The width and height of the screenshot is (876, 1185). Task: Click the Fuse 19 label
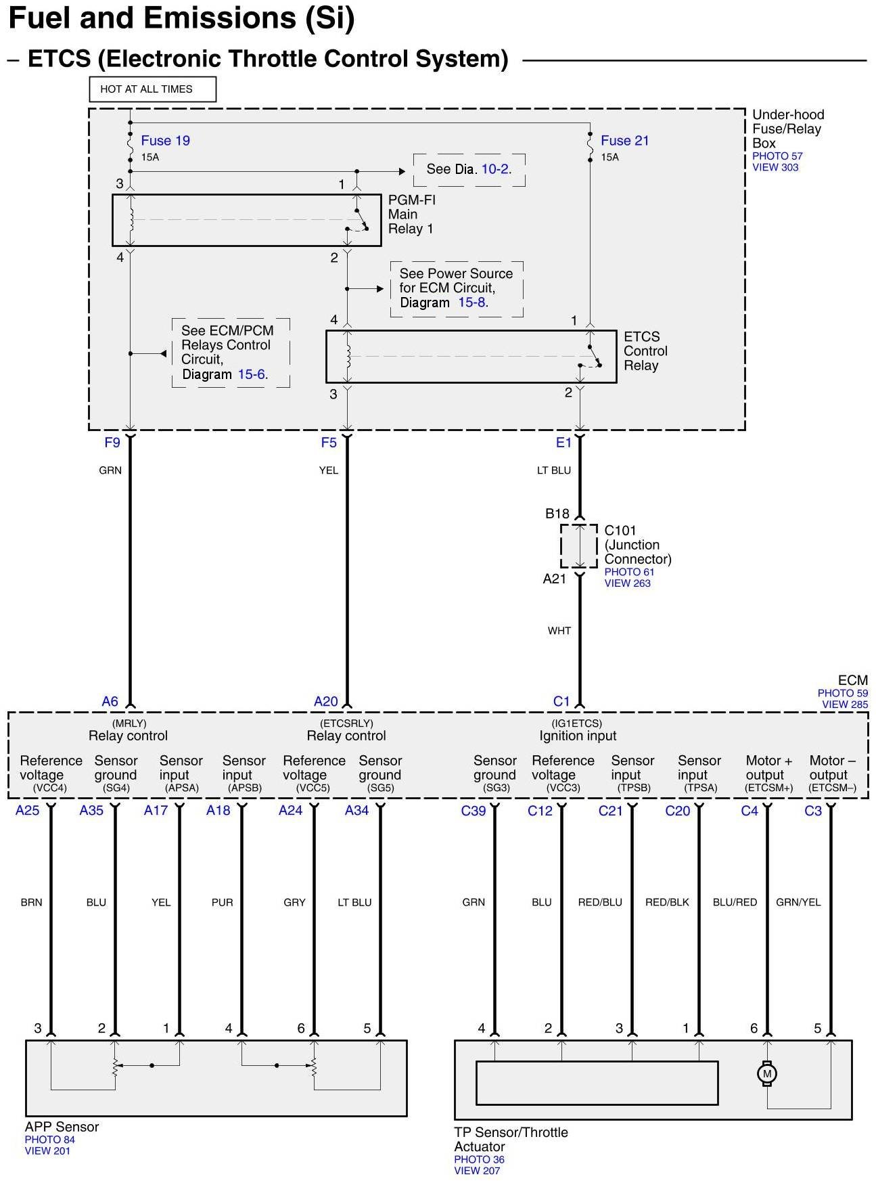165,141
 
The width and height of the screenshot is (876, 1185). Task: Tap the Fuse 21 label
624,141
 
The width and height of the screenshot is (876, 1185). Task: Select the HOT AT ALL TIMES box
152,89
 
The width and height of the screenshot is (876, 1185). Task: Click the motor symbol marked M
766,1073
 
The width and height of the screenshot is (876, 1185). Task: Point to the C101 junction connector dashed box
579,545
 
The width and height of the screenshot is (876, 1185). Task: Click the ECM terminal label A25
28,810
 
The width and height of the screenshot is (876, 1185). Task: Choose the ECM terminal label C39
474,810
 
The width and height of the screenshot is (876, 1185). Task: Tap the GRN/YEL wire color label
798,902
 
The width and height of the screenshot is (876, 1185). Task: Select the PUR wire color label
222,902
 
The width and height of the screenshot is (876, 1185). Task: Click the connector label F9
112,443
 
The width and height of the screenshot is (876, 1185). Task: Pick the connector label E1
563,443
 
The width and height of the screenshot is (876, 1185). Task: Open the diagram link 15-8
472,303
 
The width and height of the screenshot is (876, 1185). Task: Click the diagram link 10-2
495,169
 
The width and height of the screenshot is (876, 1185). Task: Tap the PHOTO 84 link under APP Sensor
50,1140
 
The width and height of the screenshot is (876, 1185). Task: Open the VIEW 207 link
477,1171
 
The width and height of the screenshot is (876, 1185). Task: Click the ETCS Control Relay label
645,351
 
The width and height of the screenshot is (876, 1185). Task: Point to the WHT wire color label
559,631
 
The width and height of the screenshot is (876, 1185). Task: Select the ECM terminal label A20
325,702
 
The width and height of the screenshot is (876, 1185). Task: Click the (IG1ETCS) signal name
577,723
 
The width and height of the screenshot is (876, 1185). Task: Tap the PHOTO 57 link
777,156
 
